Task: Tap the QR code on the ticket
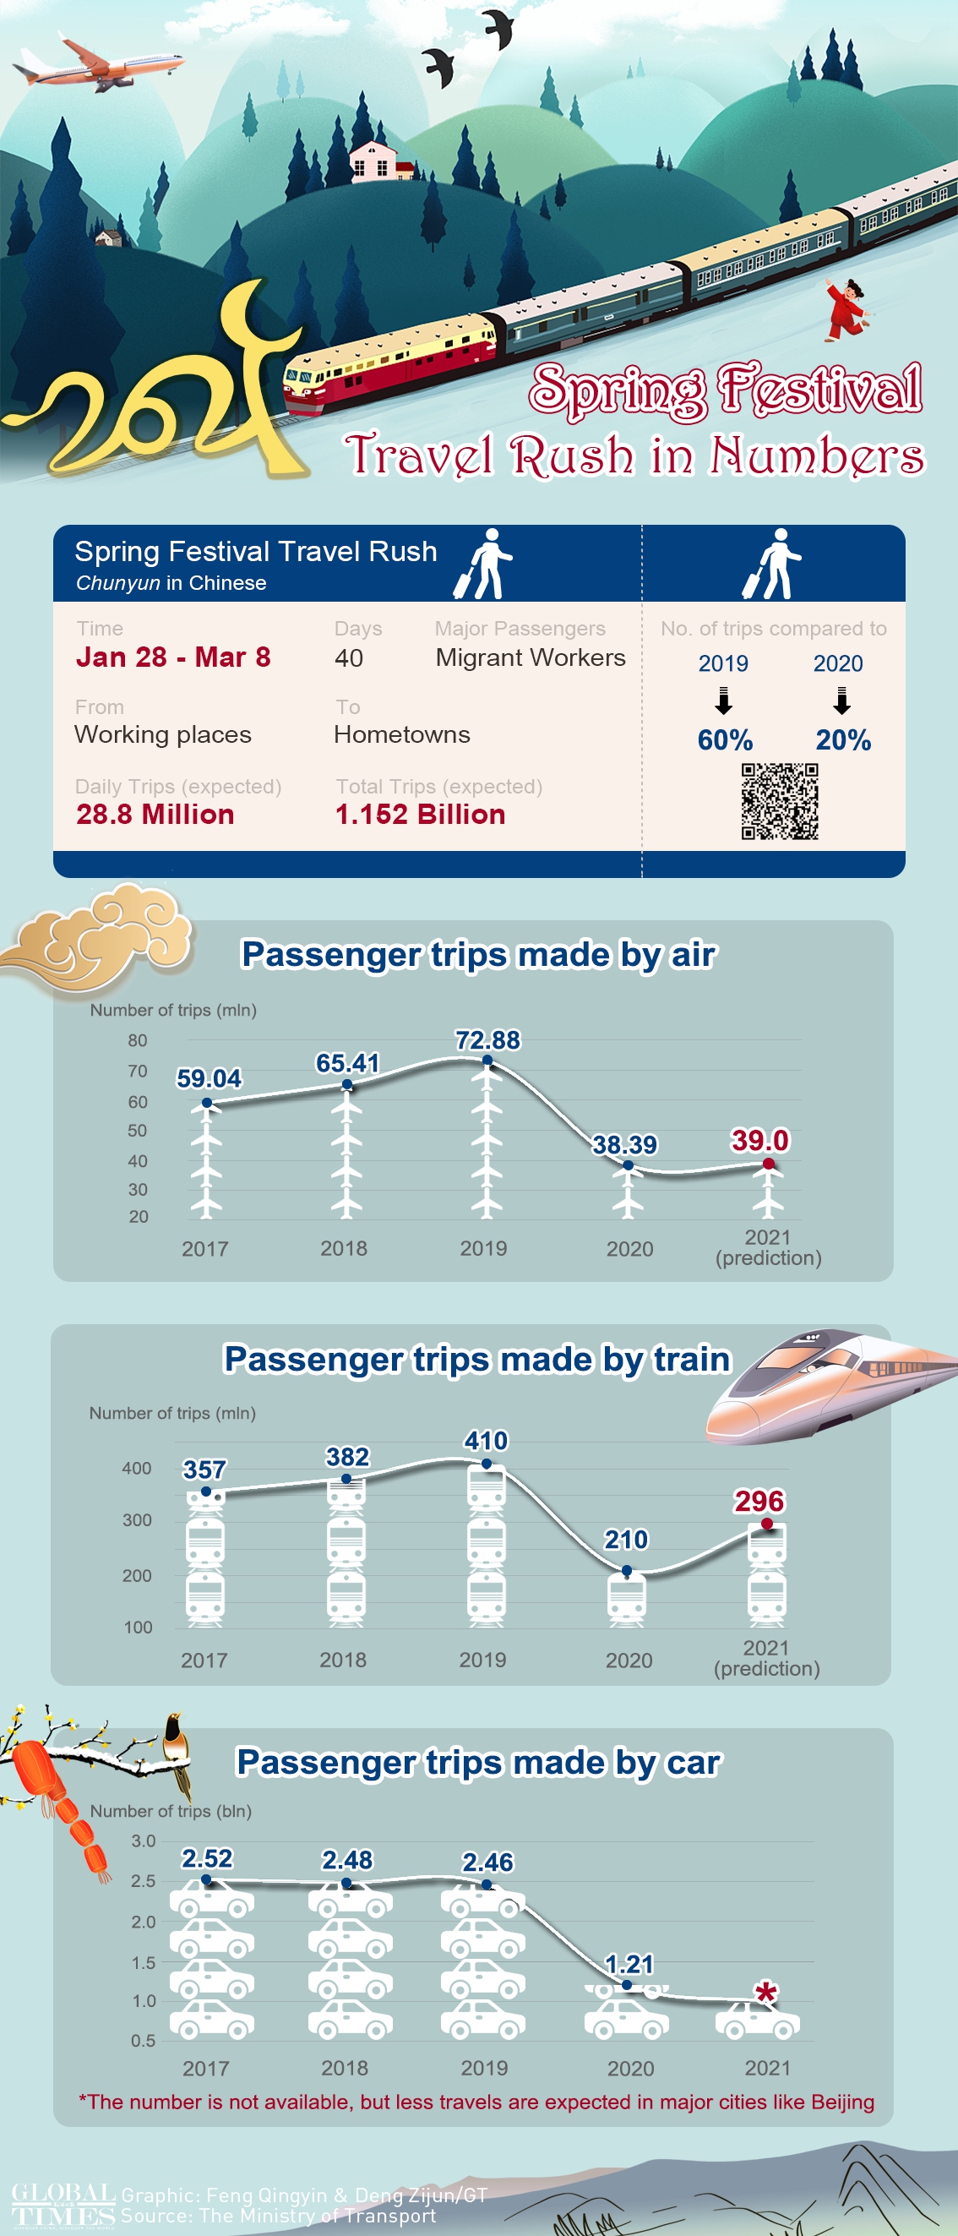pyautogui.click(x=779, y=801)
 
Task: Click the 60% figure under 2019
pyautogui.click(x=725, y=739)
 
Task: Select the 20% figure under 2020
pyautogui.click(x=842, y=739)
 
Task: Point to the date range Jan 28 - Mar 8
pyautogui.click(x=173, y=657)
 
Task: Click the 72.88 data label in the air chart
pyautogui.click(x=487, y=1040)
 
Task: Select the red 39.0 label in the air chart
pyautogui.click(x=760, y=1140)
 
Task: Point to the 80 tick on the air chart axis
pyautogui.click(x=137, y=1040)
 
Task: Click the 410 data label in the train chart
pyautogui.click(x=486, y=1441)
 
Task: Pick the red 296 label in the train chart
pyautogui.click(x=759, y=1501)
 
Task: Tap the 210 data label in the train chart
pyautogui.click(x=626, y=1540)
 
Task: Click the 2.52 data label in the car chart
pyautogui.click(x=206, y=1858)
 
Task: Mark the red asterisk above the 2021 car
pyautogui.click(x=765, y=1992)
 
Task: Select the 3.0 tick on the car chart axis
pyautogui.click(x=143, y=1841)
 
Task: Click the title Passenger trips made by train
pyautogui.click(x=477, y=1360)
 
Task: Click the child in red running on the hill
pyautogui.click(x=846, y=308)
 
